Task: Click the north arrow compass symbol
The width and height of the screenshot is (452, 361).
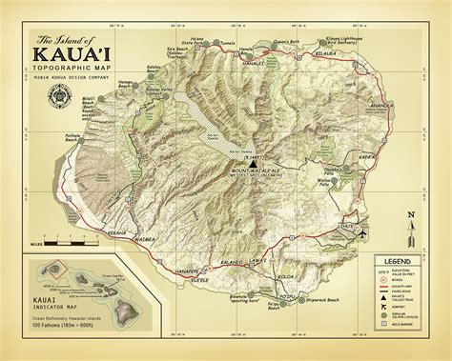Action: tap(410, 222)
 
